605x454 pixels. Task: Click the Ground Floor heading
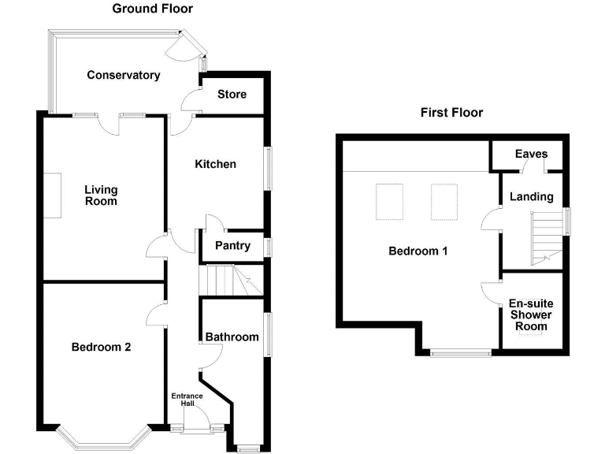(x=152, y=9)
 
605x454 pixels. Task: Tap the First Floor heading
(x=451, y=113)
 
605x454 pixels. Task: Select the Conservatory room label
(x=124, y=75)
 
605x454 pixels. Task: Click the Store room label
(x=232, y=95)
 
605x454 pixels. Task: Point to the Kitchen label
(x=215, y=164)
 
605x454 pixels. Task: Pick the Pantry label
(x=232, y=246)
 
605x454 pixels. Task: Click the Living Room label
(x=101, y=195)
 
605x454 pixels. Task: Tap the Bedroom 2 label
(x=101, y=347)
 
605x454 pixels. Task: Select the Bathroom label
(x=232, y=337)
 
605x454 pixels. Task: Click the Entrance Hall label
(x=187, y=400)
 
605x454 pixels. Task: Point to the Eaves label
(x=531, y=154)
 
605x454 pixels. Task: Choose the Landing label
(x=531, y=197)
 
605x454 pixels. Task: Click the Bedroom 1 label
(x=418, y=251)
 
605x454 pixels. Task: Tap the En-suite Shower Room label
(x=531, y=314)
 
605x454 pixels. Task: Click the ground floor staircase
(x=231, y=280)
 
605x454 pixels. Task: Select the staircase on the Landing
(x=547, y=238)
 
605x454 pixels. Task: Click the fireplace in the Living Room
(x=52, y=195)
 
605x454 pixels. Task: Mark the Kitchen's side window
(x=268, y=169)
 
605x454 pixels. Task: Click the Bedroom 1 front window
(x=461, y=353)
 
